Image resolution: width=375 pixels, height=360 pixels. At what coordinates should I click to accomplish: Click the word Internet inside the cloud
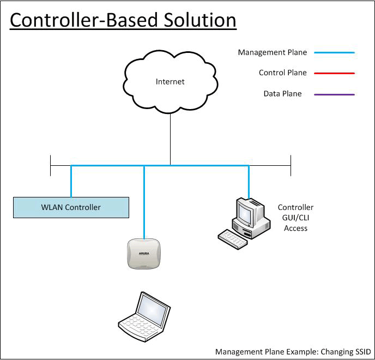170,82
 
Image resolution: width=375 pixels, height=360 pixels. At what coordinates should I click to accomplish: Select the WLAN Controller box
71,207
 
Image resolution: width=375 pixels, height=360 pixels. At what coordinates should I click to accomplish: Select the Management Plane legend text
272,53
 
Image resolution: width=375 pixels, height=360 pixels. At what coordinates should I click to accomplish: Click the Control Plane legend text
282,73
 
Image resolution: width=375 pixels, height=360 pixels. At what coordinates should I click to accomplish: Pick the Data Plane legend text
282,94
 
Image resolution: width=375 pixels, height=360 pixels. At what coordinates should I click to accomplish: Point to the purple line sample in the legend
334,94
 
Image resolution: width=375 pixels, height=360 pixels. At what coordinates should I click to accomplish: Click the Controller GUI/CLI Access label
295,218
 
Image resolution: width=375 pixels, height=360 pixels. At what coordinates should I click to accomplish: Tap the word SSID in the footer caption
361,351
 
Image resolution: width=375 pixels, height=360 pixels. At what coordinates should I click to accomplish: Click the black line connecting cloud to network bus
170,136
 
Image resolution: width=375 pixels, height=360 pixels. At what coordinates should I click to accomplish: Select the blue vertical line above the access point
144,202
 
